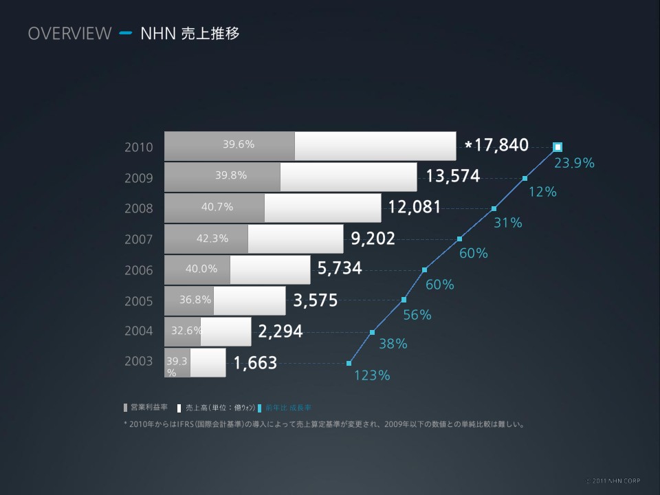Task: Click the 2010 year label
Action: pyautogui.click(x=139, y=147)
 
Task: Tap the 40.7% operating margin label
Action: pyautogui.click(x=217, y=207)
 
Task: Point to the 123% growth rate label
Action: pyautogui.click(x=372, y=375)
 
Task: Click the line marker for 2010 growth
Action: pyautogui.click(x=558, y=146)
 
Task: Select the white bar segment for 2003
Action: pyautogui.click(x=208, y=363)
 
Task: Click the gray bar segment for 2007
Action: pyautogui.click(x=206, y=239)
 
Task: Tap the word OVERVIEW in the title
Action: pyautogui.click(x=69, y=33)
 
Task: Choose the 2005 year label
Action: pyautogui.click(x=139, y=300)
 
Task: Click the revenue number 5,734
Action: pyautogui.click(x=340, y=268)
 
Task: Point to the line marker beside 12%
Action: pyautogui.click(x=525, y=178)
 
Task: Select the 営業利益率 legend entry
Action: pyautogui.click(x=145, y=407)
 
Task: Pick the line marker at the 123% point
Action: pyautogui.click(x=349, y=363)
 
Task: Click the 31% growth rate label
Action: pyautogui.click(x=508, y=223)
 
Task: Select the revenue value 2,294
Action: pyautogui.click(x=280, y=332)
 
